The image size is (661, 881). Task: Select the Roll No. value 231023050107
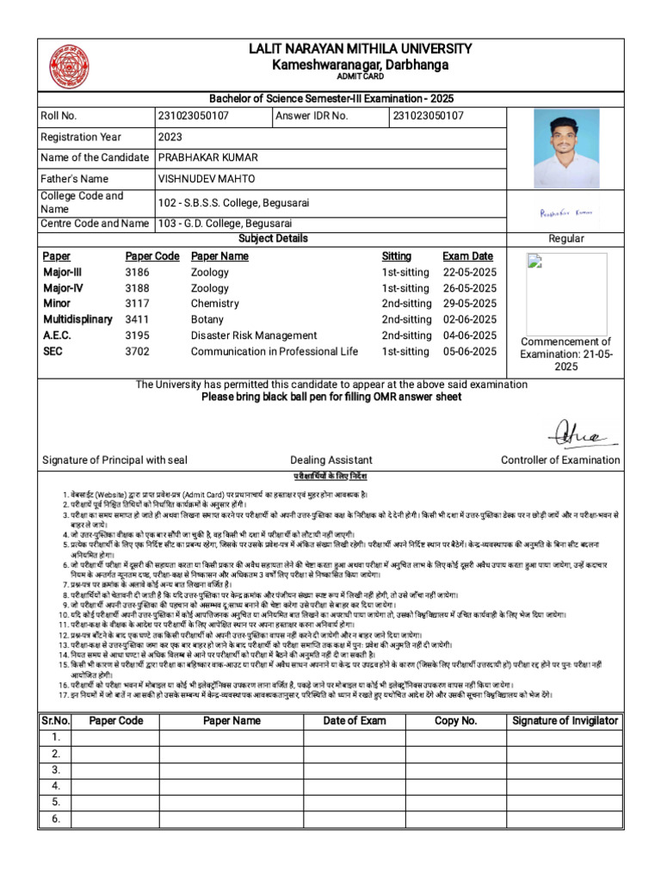point(194,115)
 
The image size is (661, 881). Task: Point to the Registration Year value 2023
point(170,137)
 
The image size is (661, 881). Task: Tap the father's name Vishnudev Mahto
point(207,178)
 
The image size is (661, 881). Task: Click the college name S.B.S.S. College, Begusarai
point(233,203)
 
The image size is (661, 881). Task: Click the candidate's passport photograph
point(566,149)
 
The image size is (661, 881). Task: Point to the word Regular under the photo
point(566,238)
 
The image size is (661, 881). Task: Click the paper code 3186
point(137,273)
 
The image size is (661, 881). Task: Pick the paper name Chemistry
point(214,304)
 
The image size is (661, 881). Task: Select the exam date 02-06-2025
point(469,319)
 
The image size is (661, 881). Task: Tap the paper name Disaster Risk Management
point(254,336)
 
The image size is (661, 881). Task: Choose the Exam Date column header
point(467,256)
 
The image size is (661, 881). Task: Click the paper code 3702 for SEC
point(137,351)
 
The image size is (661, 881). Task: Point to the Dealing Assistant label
point(330,460)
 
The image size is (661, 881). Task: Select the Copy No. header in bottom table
point(455,721)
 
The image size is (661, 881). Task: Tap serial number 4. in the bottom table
point(55,786)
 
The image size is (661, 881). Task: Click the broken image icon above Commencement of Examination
point(534,262)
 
